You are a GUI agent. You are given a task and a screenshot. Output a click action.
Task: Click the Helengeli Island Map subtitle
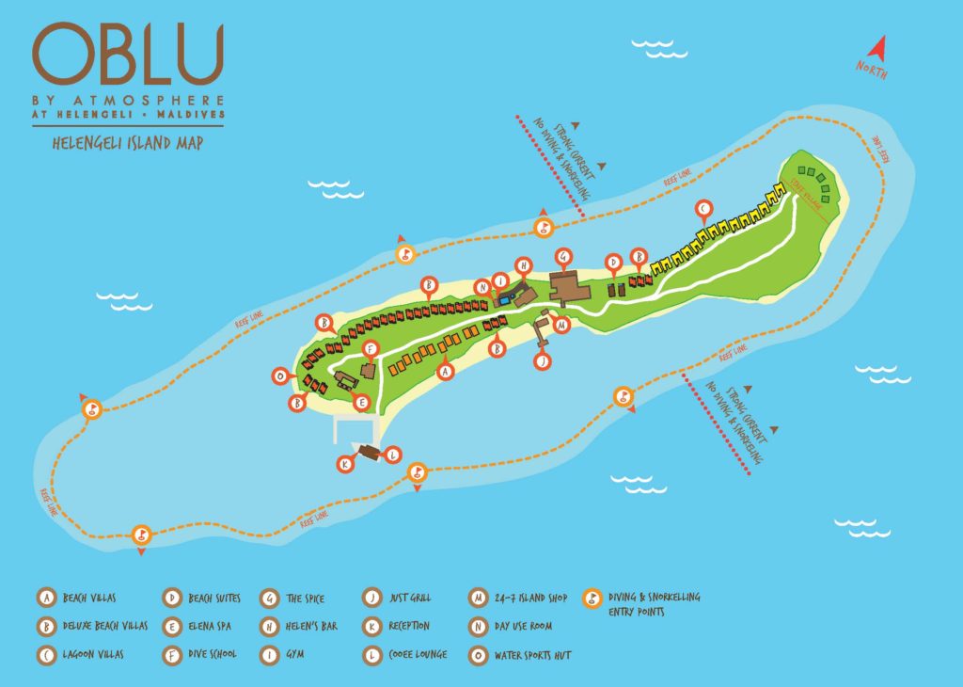click(129, 144)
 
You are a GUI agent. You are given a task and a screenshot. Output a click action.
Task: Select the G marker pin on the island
click(564, 255)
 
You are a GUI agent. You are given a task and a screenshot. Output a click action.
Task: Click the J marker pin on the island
click(542, 359)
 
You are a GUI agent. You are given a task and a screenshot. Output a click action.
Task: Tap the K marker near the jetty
click(346, 464)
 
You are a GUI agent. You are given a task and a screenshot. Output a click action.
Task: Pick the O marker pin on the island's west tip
click(279, 376)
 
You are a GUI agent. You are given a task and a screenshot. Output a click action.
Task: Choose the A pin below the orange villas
click(447, 372)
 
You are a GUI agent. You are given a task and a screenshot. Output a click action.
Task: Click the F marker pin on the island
click(371, 351)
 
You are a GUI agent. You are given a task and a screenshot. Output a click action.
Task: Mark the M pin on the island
click(562, 326)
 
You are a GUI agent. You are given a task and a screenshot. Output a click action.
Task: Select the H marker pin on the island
click(524, 265)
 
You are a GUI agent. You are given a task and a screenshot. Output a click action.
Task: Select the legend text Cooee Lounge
click(418, 654)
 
